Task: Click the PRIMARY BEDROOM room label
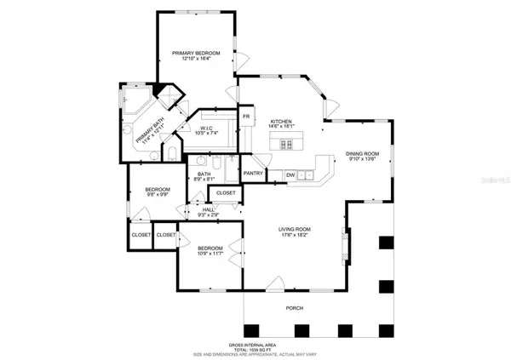tap(196, 54)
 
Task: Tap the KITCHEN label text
tap(282, 122)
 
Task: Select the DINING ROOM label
tap(362, 154)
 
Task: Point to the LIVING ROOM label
tap(296, 229)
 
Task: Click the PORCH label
tap(294, 308)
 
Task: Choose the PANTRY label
tap(253, 174)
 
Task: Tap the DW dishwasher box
tap(290, 175)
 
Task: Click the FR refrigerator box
tap(246, 116)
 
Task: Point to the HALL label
tap(209, 211)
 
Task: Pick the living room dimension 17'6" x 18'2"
tap(296, 235)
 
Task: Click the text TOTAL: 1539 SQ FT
tap(255, 350)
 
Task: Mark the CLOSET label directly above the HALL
tap(226, 193)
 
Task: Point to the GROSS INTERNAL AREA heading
tap(255, 345)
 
